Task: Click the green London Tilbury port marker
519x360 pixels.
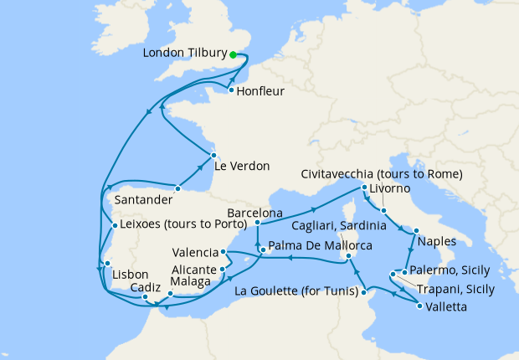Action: tap(234, 54)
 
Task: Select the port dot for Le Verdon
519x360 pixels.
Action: tap(213, 155)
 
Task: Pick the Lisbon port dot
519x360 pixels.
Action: tap(107, 264)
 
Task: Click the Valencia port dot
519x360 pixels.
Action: tap(223, 251)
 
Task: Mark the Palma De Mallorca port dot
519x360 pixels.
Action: tap(262, 250)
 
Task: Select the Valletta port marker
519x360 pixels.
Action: tap(419, 307)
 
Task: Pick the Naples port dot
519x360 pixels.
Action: tap(416, 229)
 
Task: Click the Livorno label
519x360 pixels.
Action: tap(393, 190)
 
